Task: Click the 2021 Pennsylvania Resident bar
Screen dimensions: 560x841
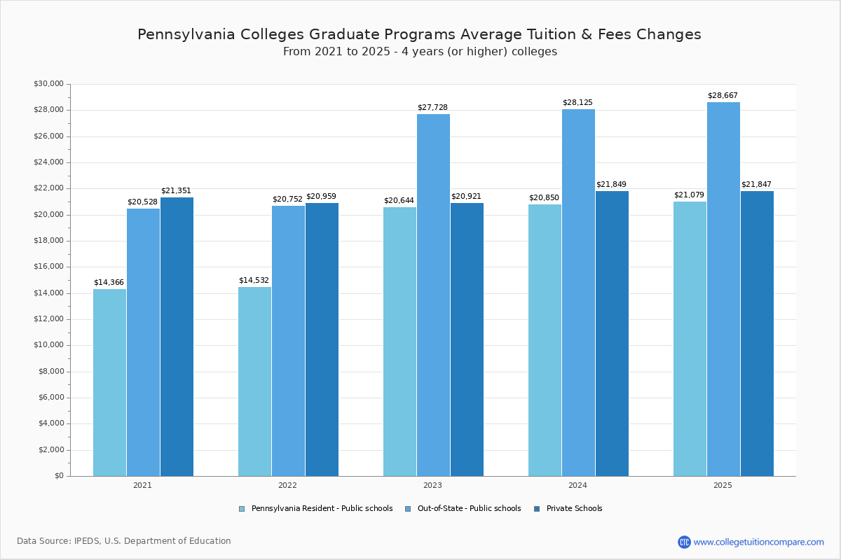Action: (x=109, y=382)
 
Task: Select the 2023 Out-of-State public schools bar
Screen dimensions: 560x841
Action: (x=433, y=295)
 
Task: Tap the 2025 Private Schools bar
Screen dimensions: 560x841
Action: (x=757, y=333)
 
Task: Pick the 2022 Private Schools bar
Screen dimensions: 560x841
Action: (x=322, y=339)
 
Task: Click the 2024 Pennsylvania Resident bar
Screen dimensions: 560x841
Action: (x=545, y=340)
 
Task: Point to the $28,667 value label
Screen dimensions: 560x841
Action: (x=723, y=96)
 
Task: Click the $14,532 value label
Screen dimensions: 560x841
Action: (x=254, y=281)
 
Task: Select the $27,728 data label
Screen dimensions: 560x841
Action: (x=432, y=108)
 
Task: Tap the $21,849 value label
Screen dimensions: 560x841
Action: (x=611, y=185)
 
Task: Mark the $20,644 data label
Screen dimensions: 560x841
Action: (x=399, y=201)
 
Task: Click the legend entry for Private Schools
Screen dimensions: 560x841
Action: (x=574, y=509)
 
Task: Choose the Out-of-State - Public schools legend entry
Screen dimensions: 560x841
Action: (x=469, y=509)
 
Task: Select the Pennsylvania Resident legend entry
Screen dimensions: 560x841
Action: (x=322, y=509)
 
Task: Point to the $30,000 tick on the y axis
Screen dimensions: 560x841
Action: (x=48, y=84)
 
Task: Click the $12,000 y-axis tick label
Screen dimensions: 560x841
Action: (x=48, y=319)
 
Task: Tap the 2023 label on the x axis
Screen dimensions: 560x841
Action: (x=432, y=485)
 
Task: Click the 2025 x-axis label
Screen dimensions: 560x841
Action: (x=723, y=485)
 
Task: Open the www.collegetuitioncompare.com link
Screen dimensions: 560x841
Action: (x=758, y=542)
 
